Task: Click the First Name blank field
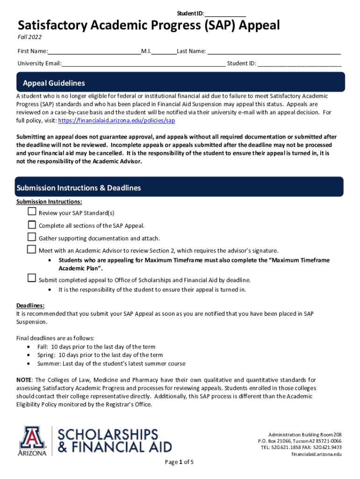click(x=94, y=51)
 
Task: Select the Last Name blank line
click(x=274, y=51)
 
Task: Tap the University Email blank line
click(x=144, y=64)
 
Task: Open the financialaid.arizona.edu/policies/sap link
click(x=116, y=121)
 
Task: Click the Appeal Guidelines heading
click(x=54, y=83)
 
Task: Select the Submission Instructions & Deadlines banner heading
click(x=79, y=188)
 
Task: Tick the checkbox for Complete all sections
click(x=32, y=225)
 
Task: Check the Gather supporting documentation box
click(x=32, y=237)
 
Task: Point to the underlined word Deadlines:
click(x=30, y=305)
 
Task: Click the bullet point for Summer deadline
click(x=30, y=363)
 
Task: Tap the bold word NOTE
click(x=24, y=380)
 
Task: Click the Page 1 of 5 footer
click(x=180, y=462)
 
